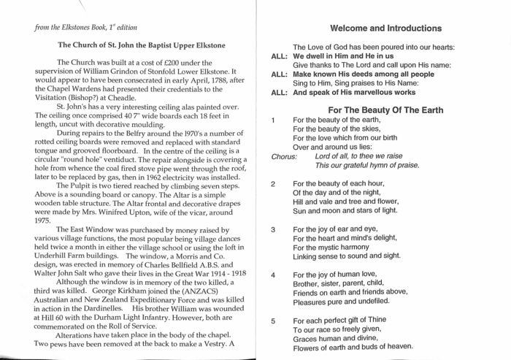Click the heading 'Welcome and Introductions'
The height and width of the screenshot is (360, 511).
[385, 28]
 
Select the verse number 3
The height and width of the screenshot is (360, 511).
[273, 230]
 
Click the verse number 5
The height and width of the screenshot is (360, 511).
[273, 321]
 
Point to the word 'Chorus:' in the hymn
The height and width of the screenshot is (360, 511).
[284, 156]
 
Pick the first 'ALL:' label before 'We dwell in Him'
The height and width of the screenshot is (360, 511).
[279, 56]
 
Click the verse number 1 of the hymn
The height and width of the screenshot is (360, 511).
[273, 120]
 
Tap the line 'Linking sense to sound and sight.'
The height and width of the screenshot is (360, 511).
[347, 256]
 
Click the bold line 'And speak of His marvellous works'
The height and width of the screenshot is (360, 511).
[354, 93]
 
